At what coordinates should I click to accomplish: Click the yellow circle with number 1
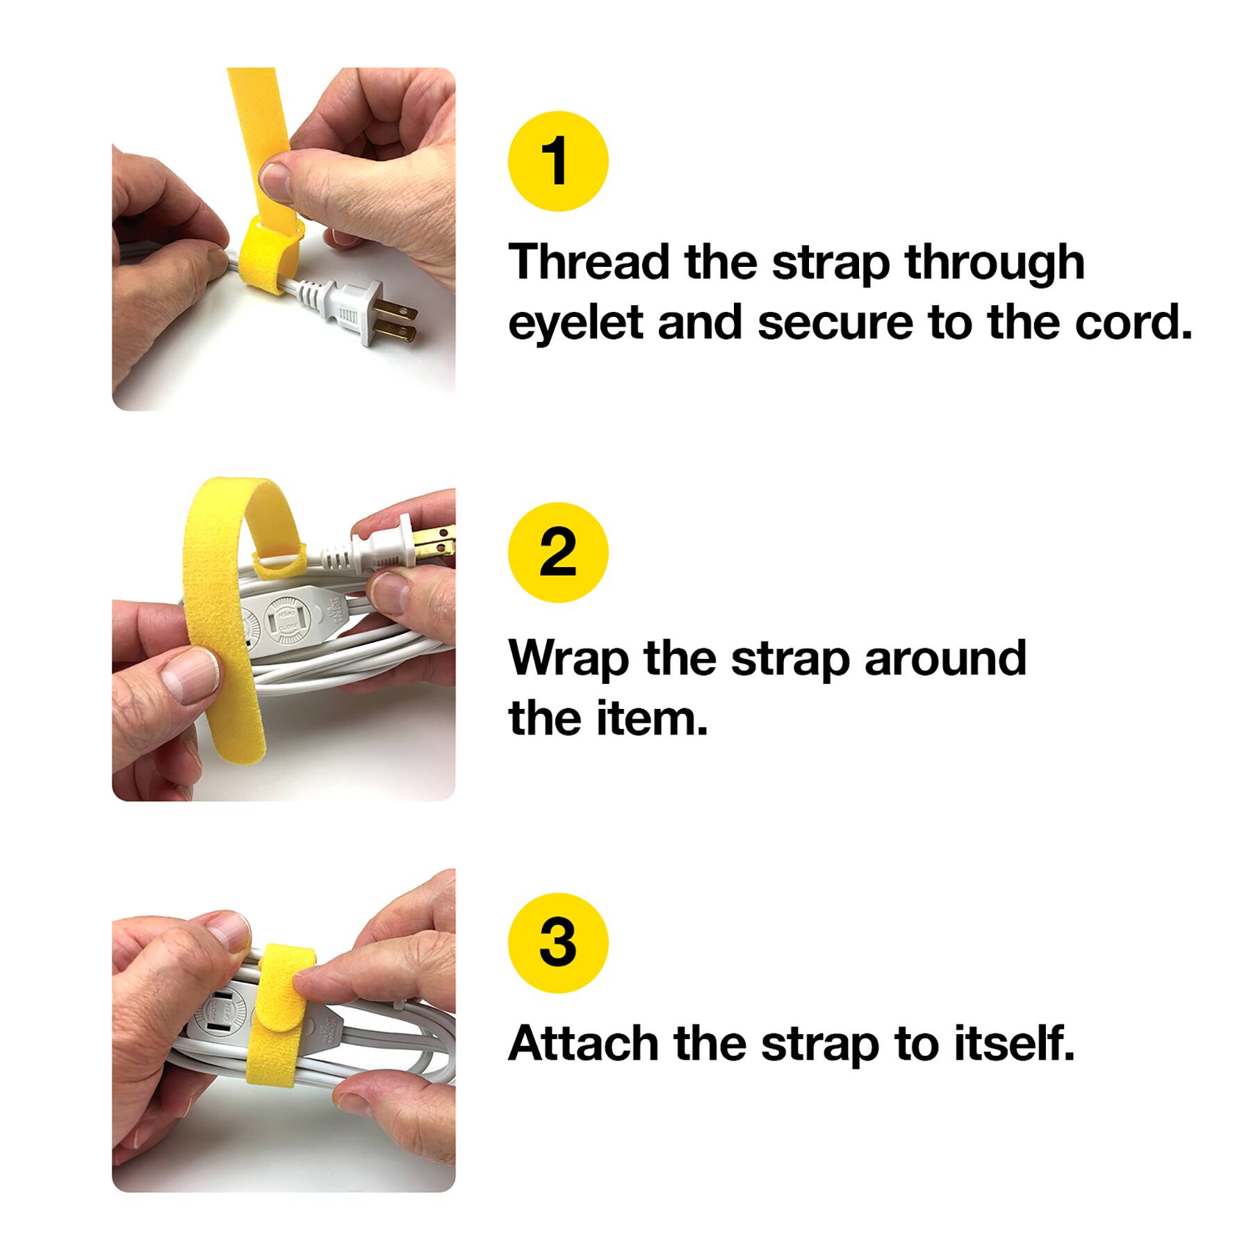pyautogui.click(x=558, y=161)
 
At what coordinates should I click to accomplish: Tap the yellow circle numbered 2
pyautogui.click(x=558, y=552)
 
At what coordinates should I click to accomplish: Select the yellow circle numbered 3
pyautogui.click(x=558, y=943)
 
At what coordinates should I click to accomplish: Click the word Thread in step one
pyautogui.click(x=589, y=262)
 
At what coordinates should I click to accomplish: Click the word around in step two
pyautogui.click(x=945, y=658)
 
